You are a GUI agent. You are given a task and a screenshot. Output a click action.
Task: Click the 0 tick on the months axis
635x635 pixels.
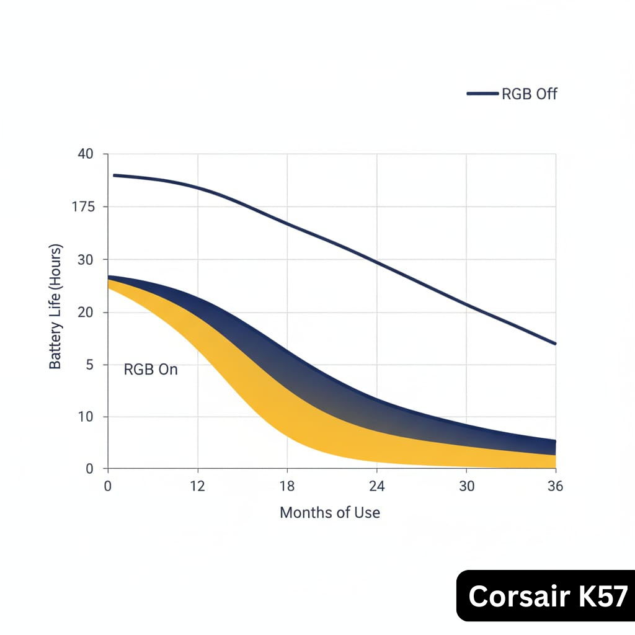[108, 487]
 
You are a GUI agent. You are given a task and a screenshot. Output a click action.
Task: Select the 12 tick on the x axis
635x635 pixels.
[197, 487]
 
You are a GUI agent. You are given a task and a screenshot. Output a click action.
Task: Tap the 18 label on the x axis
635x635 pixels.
[287, 487]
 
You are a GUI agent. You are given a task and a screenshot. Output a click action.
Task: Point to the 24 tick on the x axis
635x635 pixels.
[376, 487]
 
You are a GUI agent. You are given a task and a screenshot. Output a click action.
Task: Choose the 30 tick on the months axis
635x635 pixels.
[466, 487]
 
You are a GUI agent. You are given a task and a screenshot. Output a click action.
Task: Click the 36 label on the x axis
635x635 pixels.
[556, 487]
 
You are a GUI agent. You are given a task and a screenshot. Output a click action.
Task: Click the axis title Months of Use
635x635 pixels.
[330, 513]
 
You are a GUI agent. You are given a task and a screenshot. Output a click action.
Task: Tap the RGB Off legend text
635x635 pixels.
[530, 94]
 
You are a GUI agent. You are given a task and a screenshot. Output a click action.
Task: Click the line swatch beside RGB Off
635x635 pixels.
[482, 94]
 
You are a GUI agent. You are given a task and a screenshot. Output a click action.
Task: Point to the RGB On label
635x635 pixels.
[151, 370]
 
